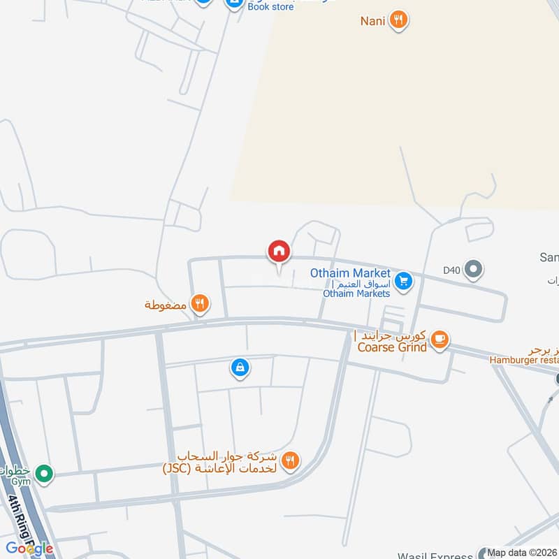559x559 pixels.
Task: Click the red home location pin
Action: point(279,252)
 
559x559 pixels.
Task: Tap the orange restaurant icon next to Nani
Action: point(398,20)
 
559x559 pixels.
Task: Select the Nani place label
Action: point(372,20)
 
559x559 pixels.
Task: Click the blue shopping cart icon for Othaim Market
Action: point(402,282)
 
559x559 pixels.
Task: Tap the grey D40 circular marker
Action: point(474,268)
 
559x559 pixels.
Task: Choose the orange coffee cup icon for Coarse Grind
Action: point(439,340)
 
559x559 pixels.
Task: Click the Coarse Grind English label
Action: point(391,347)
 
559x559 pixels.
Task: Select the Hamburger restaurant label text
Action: point(523,359)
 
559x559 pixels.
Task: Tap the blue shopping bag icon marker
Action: point(240,367)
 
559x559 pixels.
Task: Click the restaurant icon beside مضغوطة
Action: point(200,303)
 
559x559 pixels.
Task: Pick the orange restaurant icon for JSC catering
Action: point(291,460)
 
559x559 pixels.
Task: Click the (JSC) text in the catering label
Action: point(177,467)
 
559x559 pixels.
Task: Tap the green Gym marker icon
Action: point(45,474)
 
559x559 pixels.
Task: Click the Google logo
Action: point(29,549)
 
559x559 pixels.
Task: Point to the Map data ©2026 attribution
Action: point(522,553)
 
